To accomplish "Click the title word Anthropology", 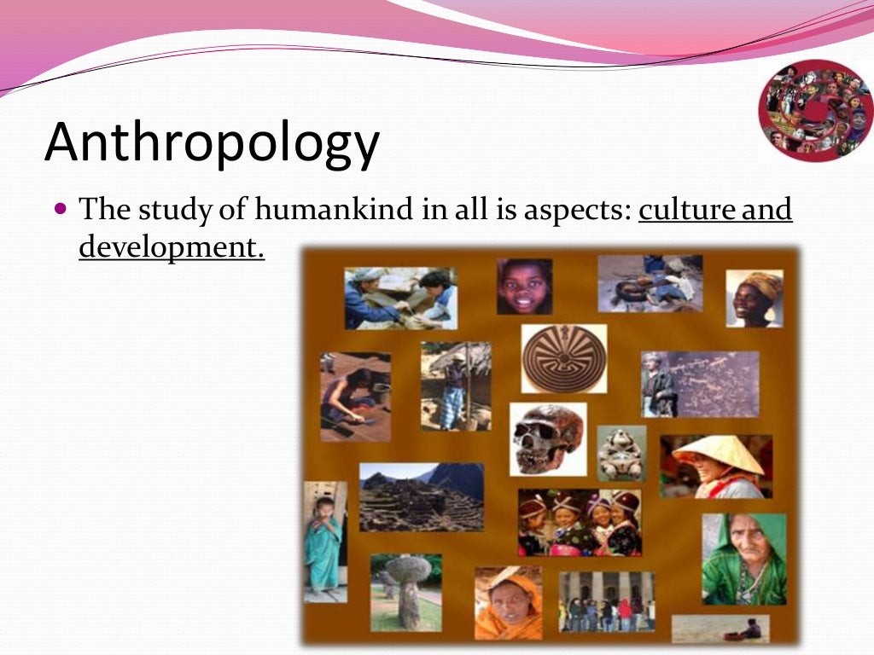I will click(x=212, y=142).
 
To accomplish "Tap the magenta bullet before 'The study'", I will click(x=60, y=207).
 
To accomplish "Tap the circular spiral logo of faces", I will click(x=815, y=110).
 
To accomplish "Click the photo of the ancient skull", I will click(x=548, y=438).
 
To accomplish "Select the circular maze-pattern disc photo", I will click(x=563, y=358).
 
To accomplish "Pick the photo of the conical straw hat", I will click(x=716, y=466).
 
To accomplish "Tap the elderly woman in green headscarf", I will click(x=743, y=559).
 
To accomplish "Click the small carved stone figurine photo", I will click(x=621, y=453).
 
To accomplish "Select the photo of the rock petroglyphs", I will click(x=700, y=384).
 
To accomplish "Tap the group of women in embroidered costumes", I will click(x=579, y=523).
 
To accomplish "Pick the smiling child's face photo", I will click(x=524, y=287).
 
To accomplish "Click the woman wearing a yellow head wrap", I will click(x=754, y=298).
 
